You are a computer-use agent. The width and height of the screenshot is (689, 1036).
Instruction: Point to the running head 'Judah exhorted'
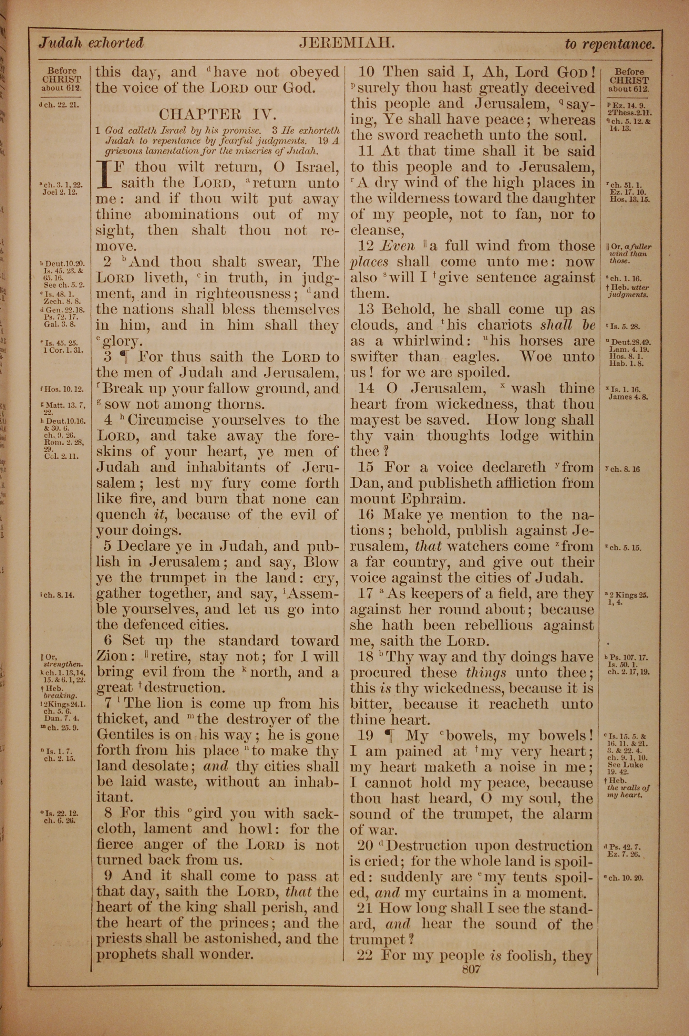click(x=91, y=43)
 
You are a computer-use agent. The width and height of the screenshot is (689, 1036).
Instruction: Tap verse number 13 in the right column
click(x=366, y=309)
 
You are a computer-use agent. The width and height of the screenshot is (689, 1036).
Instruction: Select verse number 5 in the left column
click(x=107, y=546)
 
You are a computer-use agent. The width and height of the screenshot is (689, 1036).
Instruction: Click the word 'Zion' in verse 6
click(x=112, y=656)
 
